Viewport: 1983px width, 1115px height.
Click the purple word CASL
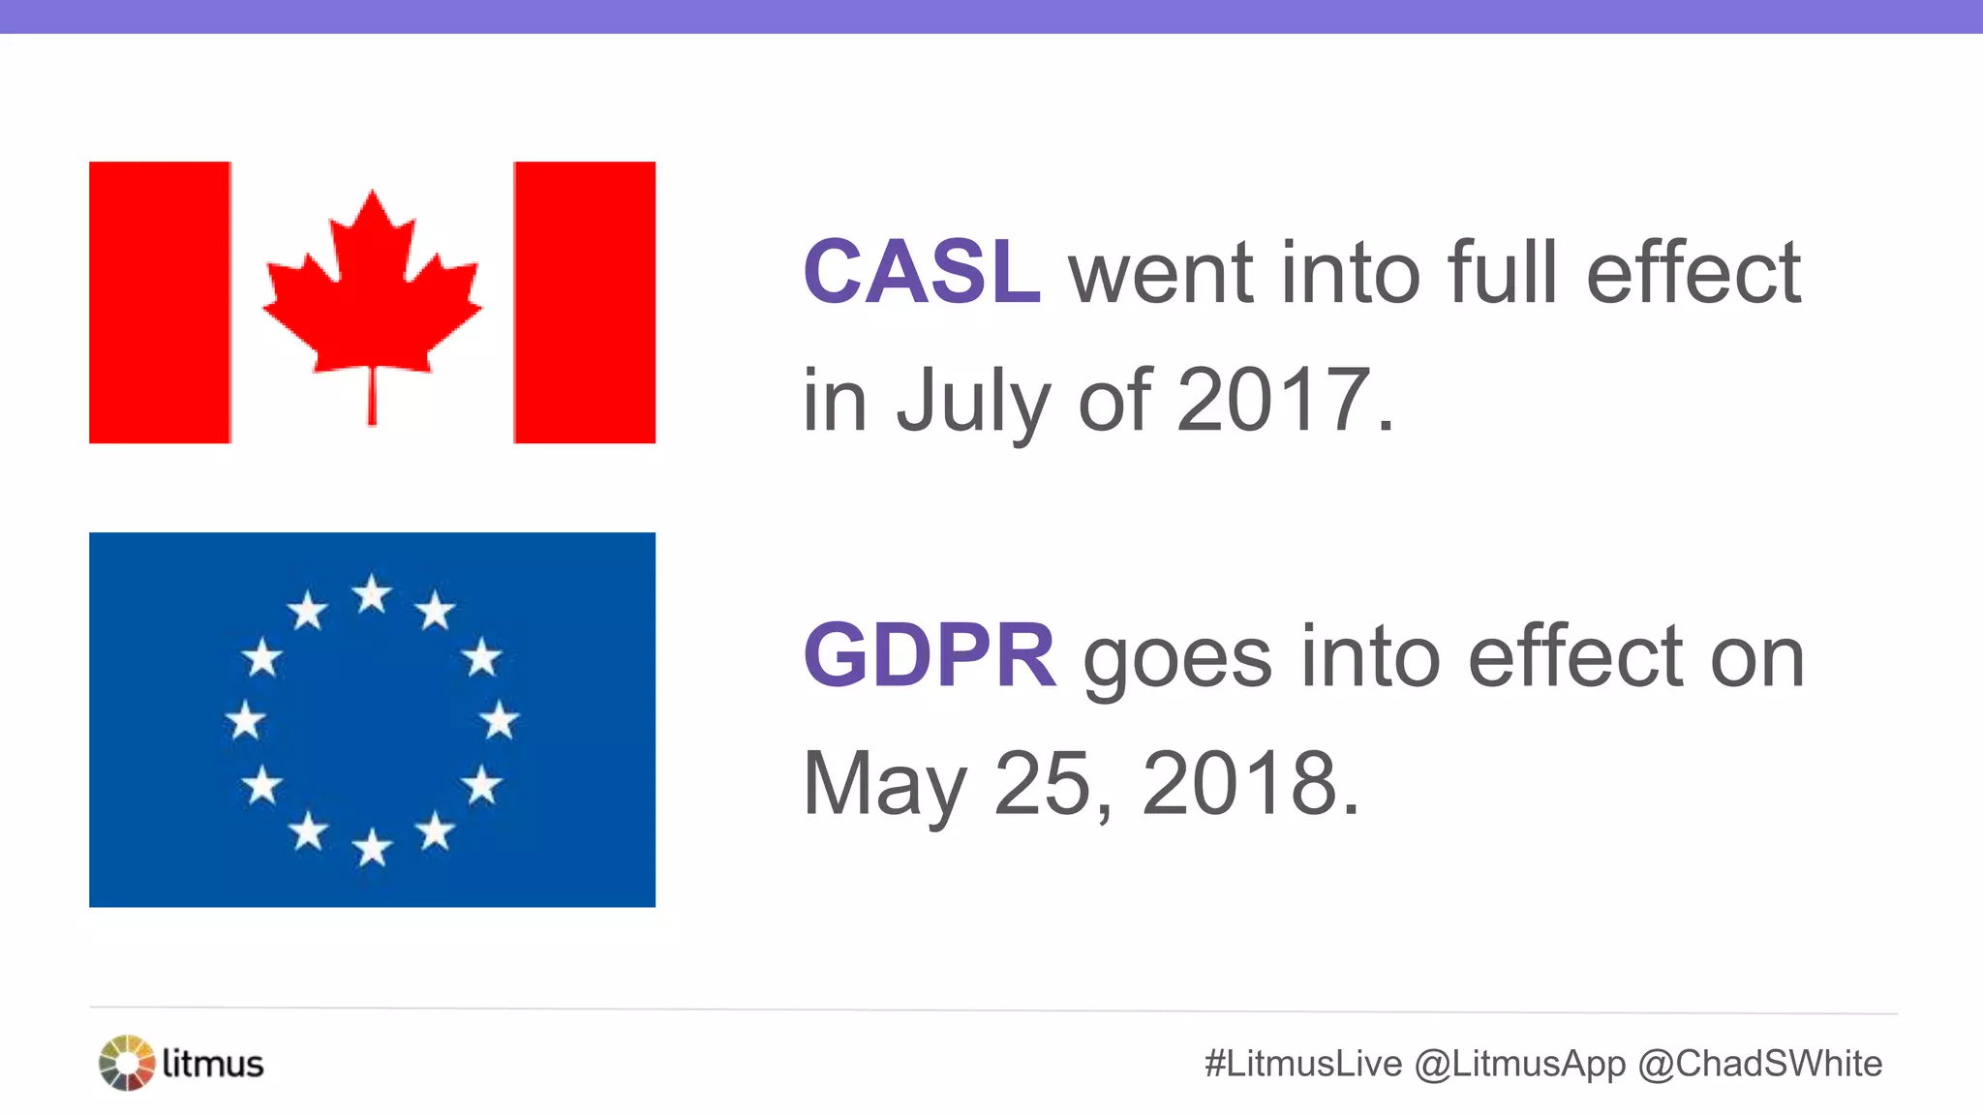click(x=922, y=272)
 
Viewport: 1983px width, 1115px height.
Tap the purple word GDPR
click(x=930, y=656)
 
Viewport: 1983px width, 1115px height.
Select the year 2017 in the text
click(x=1272, y=399)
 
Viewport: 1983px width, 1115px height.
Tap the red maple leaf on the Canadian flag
click(x=372, y=290)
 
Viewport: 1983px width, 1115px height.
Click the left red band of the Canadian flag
click(x=160, y=302)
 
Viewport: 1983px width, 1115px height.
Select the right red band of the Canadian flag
click(x=584, y=302)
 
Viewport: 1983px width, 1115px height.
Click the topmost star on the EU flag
click(x=372, y=593)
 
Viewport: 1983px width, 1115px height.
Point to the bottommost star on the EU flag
click(x=372, y=848)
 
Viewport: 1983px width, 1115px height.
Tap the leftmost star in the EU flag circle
click(x=245, y=720)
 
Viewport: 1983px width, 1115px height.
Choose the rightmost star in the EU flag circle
click(x=499, y=720)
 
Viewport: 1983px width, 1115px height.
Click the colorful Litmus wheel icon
click(x=127, y=1063)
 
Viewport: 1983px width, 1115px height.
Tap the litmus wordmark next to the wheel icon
click(x=213, y=1064)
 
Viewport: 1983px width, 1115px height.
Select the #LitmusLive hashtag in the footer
click(x=1302, y=1064)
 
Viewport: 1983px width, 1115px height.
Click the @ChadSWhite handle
click(x=1759, y=1064)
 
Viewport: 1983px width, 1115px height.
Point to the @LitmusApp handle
click(x=1519, y=1064)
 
